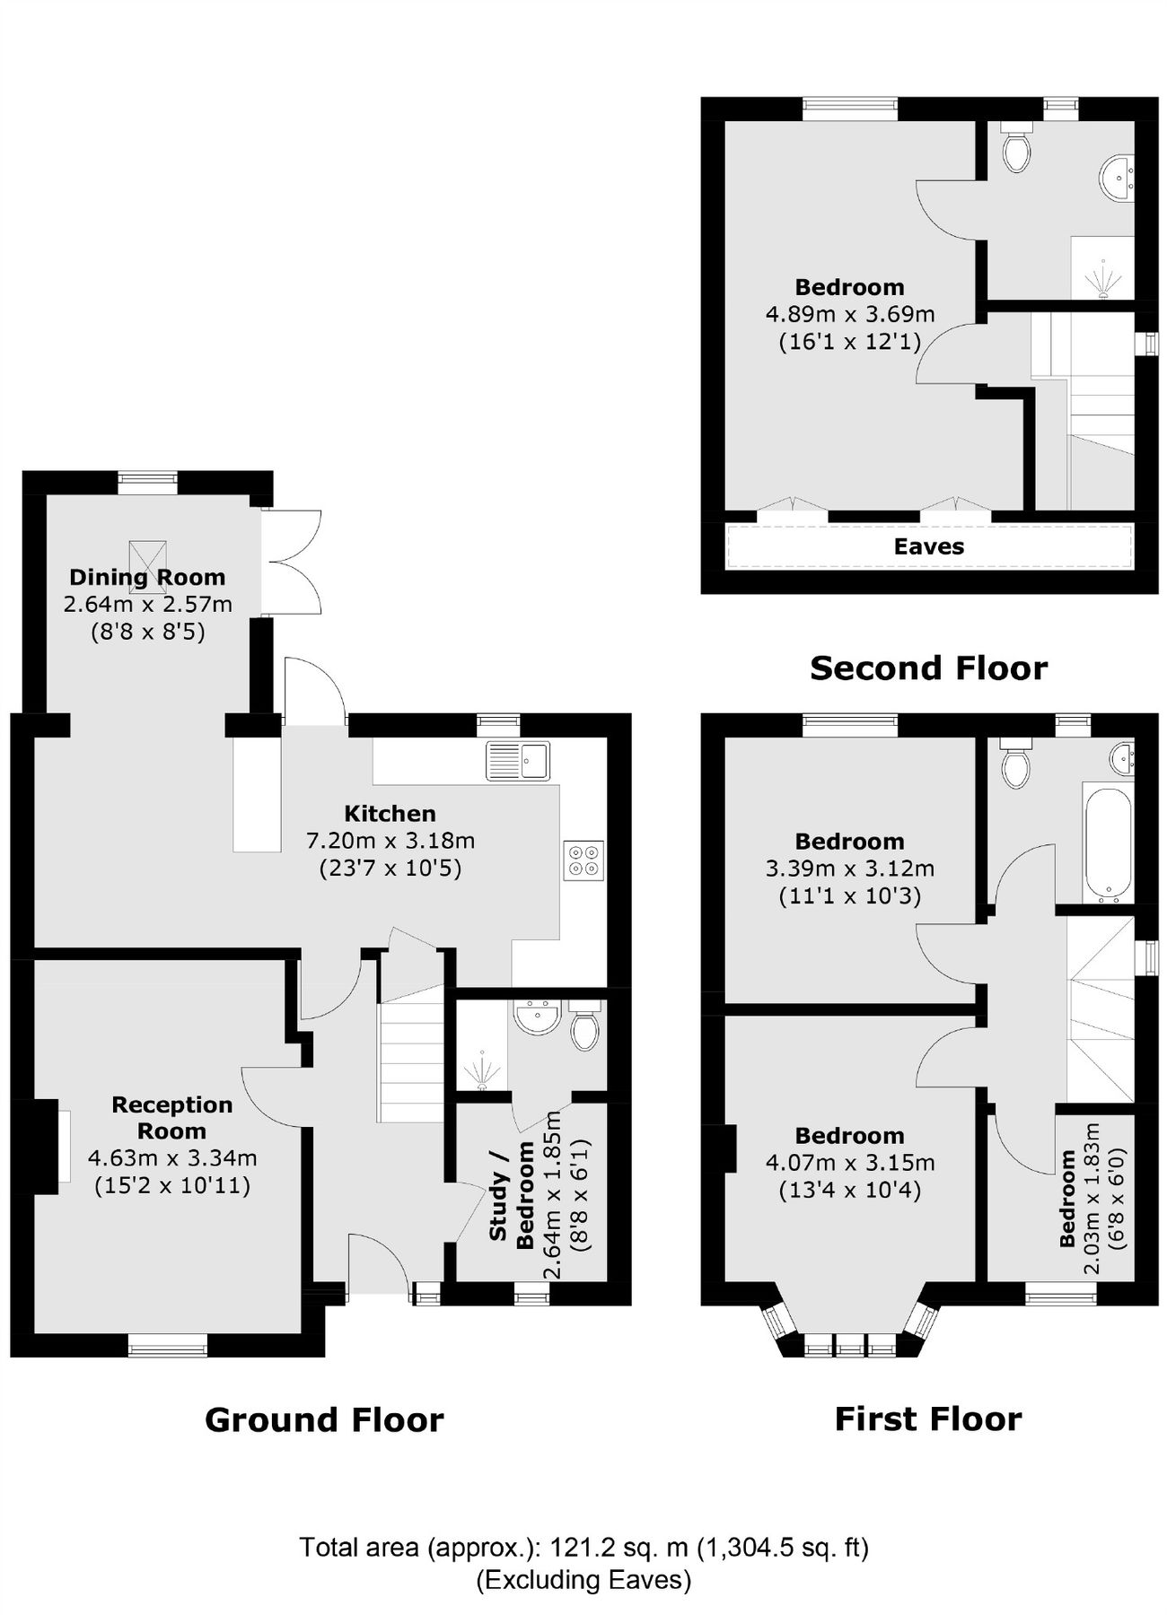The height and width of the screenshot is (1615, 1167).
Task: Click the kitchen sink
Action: point(518,761)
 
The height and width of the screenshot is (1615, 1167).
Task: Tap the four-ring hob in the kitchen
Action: point(583,859)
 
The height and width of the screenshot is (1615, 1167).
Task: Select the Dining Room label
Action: point(147,577)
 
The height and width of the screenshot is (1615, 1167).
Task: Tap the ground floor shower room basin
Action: point(537,1017)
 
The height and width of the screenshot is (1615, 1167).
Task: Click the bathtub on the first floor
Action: point(1110,844)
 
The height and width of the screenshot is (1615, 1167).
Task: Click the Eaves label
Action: point(929,546)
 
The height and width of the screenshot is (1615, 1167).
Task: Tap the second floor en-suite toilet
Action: point(1017,149)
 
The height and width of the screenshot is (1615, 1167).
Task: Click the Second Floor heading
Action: point(928,668)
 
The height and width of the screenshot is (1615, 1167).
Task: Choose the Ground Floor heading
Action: point(324,1420)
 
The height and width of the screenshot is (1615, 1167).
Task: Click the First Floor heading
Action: point(928,1419)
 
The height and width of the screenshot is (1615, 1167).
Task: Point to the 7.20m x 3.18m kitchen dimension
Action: point(390,841)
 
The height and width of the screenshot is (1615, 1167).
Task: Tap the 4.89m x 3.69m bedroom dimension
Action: point(849,314)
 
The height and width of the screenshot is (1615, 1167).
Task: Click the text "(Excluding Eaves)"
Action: point(583,1579)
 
